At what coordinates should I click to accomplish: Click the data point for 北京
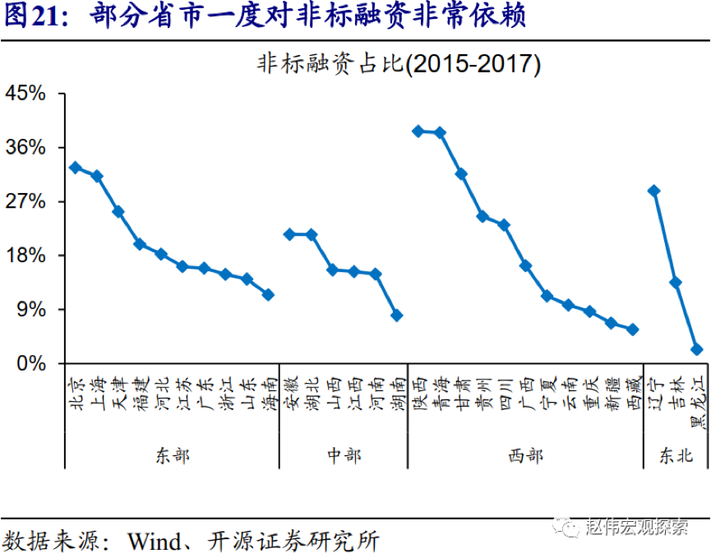click(x=75, y=168)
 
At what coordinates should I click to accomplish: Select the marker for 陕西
click(x=418, y=131)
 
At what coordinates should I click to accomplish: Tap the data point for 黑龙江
click(x=696, y=349)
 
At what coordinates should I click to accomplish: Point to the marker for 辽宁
click(x=653, y=191)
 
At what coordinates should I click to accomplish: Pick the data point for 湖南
click(x=396, y=316)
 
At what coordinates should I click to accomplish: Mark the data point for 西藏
click(x=632, y=330)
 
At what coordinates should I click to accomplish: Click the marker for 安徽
click(x=289, y=234)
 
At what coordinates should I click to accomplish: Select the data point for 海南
click(x=267, y=294)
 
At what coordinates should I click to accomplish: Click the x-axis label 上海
click(x=97, y=392)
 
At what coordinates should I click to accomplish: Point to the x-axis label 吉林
click(x=676, y=392)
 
